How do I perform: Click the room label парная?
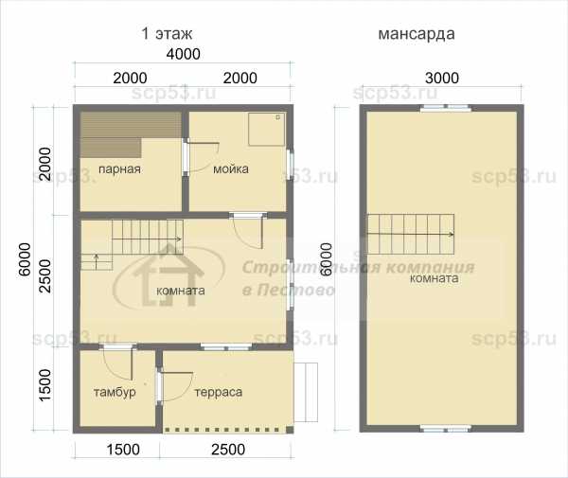119,169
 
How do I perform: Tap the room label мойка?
231,168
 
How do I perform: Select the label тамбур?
115,392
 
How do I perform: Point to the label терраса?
219,392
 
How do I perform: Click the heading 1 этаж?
167,33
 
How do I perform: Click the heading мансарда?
417,34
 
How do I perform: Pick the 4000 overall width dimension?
184,54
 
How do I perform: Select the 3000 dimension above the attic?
442,78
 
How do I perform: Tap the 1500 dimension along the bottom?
123,450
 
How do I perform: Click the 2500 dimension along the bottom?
228,450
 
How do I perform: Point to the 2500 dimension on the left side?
45,276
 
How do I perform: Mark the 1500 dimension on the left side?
45,385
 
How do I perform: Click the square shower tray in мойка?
267,130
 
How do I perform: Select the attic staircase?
411,235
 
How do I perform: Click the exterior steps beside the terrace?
306,392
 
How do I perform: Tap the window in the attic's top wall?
446,108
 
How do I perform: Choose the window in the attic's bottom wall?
446,429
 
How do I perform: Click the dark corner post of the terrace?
290,430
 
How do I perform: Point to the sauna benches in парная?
131,134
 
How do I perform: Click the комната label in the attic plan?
434,278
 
